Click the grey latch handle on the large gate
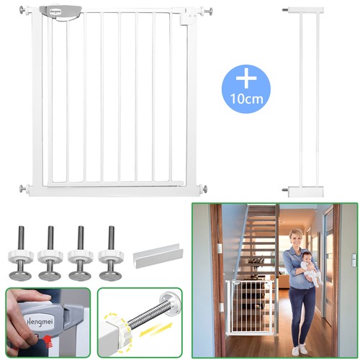[x=60, y=13]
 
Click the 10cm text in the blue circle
[x=247, y=99]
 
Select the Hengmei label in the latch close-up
[x=40, y=321]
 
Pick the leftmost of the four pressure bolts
[x=20, y=253]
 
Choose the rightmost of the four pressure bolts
[x=111, y=253]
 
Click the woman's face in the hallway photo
[x=297, y=238]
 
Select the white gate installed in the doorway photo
[x=250, y=307]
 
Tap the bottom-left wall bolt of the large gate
[x=24, y=189]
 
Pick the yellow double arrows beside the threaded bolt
[x=156, y=330]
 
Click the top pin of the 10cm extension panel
[x=285, y=10]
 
